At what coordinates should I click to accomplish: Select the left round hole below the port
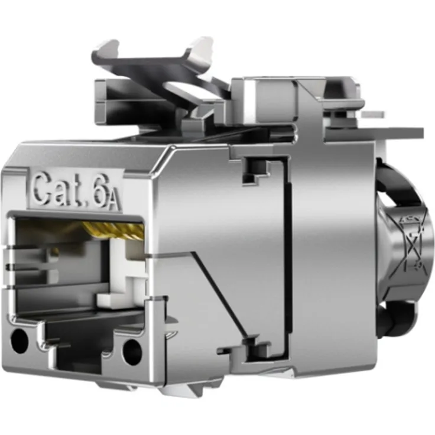19,340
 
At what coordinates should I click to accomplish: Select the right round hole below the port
132,351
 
